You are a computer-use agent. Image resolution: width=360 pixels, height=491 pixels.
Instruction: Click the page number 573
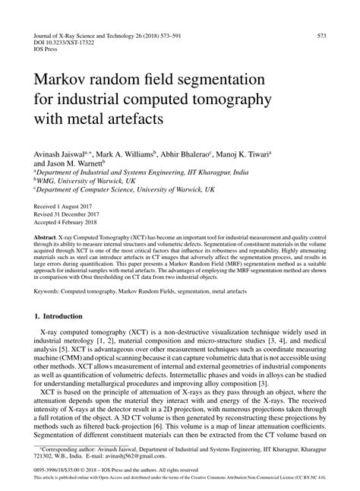321,35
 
